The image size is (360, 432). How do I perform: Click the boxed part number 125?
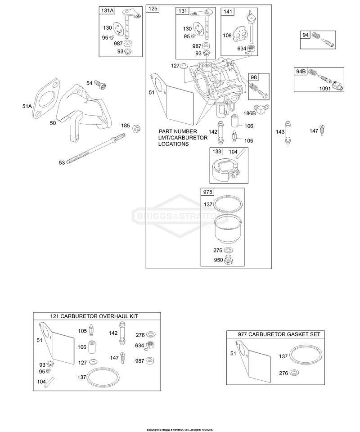pyautogui.click(x=153, y=9)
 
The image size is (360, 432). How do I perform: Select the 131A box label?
pyautogui.click(x=107, y=10)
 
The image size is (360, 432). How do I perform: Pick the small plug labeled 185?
pyautogui.click(x=136, y=129)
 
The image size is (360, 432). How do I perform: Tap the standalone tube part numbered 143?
pyautogui.click(x=288, y=132)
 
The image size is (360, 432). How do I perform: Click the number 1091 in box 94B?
pyautogui.click(x=325, y=89)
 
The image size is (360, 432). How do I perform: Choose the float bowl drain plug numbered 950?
pyautogui.click(x=228, y=260)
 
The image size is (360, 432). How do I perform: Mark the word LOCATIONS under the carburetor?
pyautogui.click(x=174, y=144)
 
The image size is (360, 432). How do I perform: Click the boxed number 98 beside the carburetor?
pyautogui.click(x=254, y=77)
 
